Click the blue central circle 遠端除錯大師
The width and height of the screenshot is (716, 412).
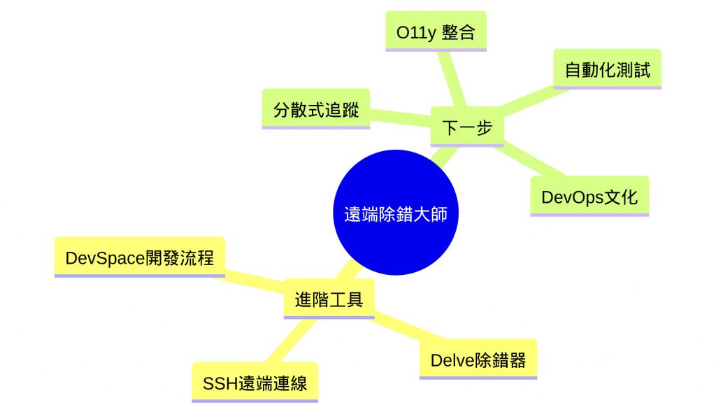tap(396, 213)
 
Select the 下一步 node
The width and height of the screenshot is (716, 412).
tap(467, 127)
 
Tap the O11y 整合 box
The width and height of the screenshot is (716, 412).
tap(436, 31)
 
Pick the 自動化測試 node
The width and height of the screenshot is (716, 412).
tap(607, 69)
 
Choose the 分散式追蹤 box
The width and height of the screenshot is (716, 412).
tap(315, 109)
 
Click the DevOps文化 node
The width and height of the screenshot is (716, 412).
tap(589, 197)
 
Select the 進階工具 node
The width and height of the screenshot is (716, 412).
tap(329, 299)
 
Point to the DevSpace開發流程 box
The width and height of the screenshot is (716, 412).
tap(139, 257)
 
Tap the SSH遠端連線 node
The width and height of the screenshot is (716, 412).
tap(255, 383)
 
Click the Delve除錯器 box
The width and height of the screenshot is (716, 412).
tap(478, 360)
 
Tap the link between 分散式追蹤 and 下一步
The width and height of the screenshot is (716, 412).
tap(400, 118)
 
